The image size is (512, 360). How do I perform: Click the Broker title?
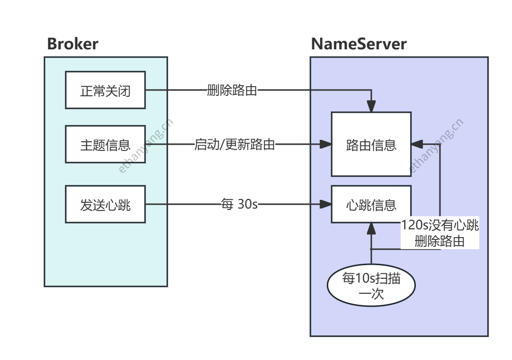pyautogui.click(x=73, y=44)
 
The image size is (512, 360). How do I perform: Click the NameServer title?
pyautogui.click(x=359, y=44)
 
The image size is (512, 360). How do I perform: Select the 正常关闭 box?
pyautogui.click(x=105, y=90)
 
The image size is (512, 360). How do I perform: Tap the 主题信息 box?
pyautogui.click(x=105, y=145)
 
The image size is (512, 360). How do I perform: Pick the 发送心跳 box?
pyautogui.click(x=105, y=205)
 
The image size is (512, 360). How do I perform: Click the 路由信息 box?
pyautogui.click(x=371, y=144)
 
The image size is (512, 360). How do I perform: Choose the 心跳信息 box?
pyautogui.click(x=371, y=204)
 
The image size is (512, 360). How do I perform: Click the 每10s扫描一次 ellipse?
pyautogui.click(x=371, y=286)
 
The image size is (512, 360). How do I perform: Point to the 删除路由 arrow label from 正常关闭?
pyautogui.click(x=232, y=90)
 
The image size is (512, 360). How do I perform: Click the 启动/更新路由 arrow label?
pyautogui.click(x=234, y=144)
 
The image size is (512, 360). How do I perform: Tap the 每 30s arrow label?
pyautogui.click(x=239, y=205)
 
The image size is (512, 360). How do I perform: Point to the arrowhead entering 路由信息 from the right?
pyautogui.click(x=416, y=144)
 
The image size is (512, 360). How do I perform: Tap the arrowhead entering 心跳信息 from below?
pyautogui.click(x=371, y=228)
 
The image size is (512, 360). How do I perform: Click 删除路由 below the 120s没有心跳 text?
pyautogui.click(x=439, y=241)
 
